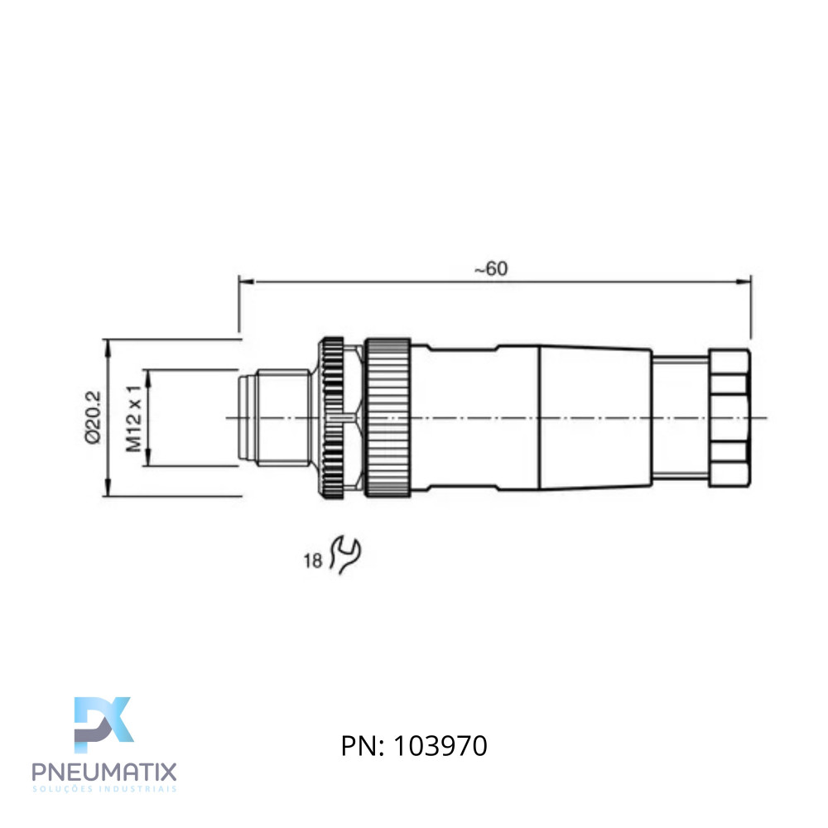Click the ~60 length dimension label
pyautogui.click(x=490, y=269)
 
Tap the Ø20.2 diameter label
pyautogui.click(x=93, y=417)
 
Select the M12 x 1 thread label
pyautogui.click(x=133, y=418)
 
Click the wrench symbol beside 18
pyautogui.click(x=346, y=555)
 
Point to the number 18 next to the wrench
pyautogui.click(x=313, y=561)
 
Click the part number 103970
pyautogui.click(x=440, y=746)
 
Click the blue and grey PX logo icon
pyautogui.click(x=103, y=724)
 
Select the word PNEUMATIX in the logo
pyautogui.click(x=104, y=772)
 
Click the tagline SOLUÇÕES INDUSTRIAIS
pyautogui.click(x=104, y=789)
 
